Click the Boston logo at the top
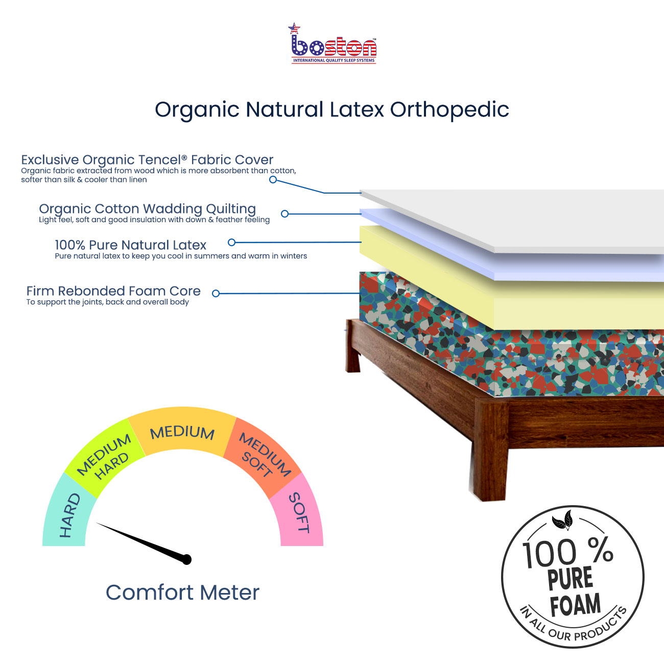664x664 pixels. coord(333,43)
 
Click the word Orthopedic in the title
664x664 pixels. coord(449,110)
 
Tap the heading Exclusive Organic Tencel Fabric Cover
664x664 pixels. coord(147,160)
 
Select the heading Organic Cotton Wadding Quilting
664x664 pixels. coord(148,209)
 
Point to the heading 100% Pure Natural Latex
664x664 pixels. coord(131,245)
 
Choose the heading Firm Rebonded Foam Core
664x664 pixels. coord(114,291)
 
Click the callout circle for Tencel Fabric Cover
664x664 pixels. coord(273,179)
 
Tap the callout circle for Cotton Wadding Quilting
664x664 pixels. coord(284,214)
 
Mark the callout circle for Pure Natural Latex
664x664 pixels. coord(231,243)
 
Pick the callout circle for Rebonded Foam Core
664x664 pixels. coord(216,294)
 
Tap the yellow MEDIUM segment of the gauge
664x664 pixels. coord(182,431)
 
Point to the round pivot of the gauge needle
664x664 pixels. coord(186,560)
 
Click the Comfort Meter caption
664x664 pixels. coord(183,592)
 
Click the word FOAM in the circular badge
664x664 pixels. coord(575,605)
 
